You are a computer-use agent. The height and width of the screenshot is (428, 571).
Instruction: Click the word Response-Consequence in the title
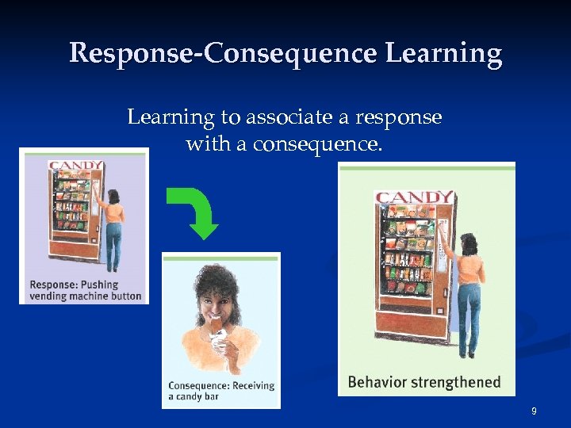[223, 53]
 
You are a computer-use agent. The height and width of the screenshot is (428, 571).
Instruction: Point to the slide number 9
[534, 411]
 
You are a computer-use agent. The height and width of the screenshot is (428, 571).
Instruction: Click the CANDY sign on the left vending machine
[76, 166]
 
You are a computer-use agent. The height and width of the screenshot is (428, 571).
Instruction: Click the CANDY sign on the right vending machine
[414, 197]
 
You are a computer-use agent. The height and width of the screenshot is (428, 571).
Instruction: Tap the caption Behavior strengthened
[424, 382]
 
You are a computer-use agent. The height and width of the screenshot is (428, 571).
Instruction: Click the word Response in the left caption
[53, 285]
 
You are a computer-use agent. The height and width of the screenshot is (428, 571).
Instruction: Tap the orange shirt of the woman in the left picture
[115, 212]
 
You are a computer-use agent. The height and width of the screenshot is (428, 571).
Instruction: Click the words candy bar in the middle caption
[197, 396]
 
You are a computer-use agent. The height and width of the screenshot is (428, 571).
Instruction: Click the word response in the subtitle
[399, 117]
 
